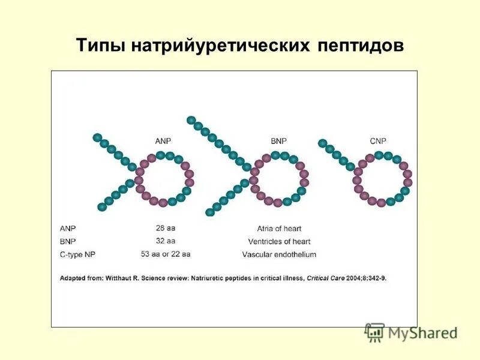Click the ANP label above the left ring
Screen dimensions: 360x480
tap(163, 140)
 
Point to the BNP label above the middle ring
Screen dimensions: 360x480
tap(278, 140)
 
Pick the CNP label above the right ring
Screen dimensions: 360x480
tap(378, 140)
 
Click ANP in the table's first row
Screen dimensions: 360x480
tap(68, 229)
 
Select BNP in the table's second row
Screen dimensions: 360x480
tap(68, 241)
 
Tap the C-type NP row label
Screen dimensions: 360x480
tap(77, 254)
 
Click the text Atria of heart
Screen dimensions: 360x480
tap(279, 229)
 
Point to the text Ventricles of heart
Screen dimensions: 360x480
tap(279, 241)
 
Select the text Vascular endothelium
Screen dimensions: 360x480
tap(279, 254)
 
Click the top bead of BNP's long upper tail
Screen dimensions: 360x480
tap(191, 120)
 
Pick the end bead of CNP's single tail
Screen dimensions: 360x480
tap(322, 143)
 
